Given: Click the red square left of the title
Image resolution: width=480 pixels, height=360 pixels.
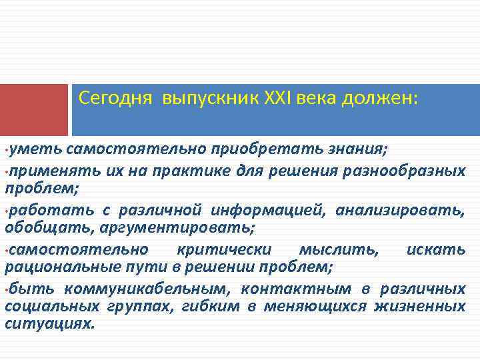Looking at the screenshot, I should coord(34,110).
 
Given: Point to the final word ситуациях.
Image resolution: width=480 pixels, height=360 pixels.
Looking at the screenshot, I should coord(50,325).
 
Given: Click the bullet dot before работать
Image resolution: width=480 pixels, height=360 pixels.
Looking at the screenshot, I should coord(7,211).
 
